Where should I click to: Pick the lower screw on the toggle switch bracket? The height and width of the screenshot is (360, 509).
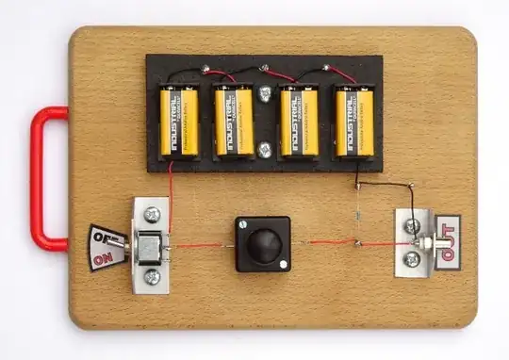point(153,277)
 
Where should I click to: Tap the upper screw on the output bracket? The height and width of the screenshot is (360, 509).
point(411,225)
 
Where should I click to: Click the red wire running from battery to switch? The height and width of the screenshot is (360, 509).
point(171,193)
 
